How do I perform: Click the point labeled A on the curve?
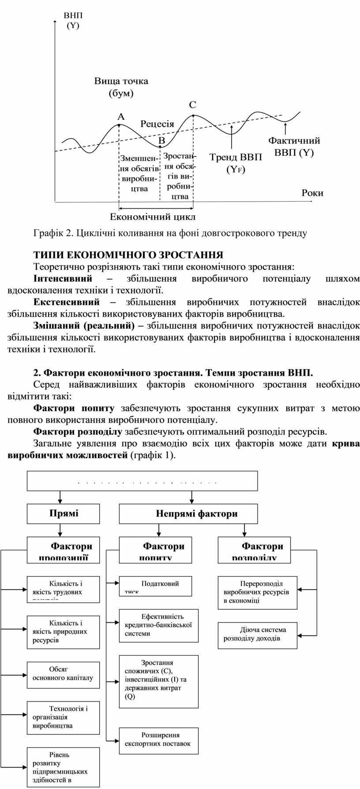[119, 125]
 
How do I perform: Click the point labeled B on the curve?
[160, 146]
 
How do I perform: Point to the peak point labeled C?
[194, 115]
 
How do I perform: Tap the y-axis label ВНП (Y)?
[73, 21]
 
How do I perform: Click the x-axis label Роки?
[312, 193]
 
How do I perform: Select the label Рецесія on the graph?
[157, 124]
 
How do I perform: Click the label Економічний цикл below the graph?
[153, 217]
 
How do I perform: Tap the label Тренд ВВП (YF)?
[235, 163]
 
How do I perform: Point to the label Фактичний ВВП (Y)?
[294, 147]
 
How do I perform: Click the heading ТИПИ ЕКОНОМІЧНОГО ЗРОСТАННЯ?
[128, 255]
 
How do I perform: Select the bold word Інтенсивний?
[63, 278]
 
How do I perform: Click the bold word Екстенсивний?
[67, 302]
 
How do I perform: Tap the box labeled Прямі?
[64, 513]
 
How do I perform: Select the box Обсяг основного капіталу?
[64, 674]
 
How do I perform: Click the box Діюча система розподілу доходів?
[258, 635]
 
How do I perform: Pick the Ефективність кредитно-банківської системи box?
[158, 625]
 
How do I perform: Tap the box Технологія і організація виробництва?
[64, 718]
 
